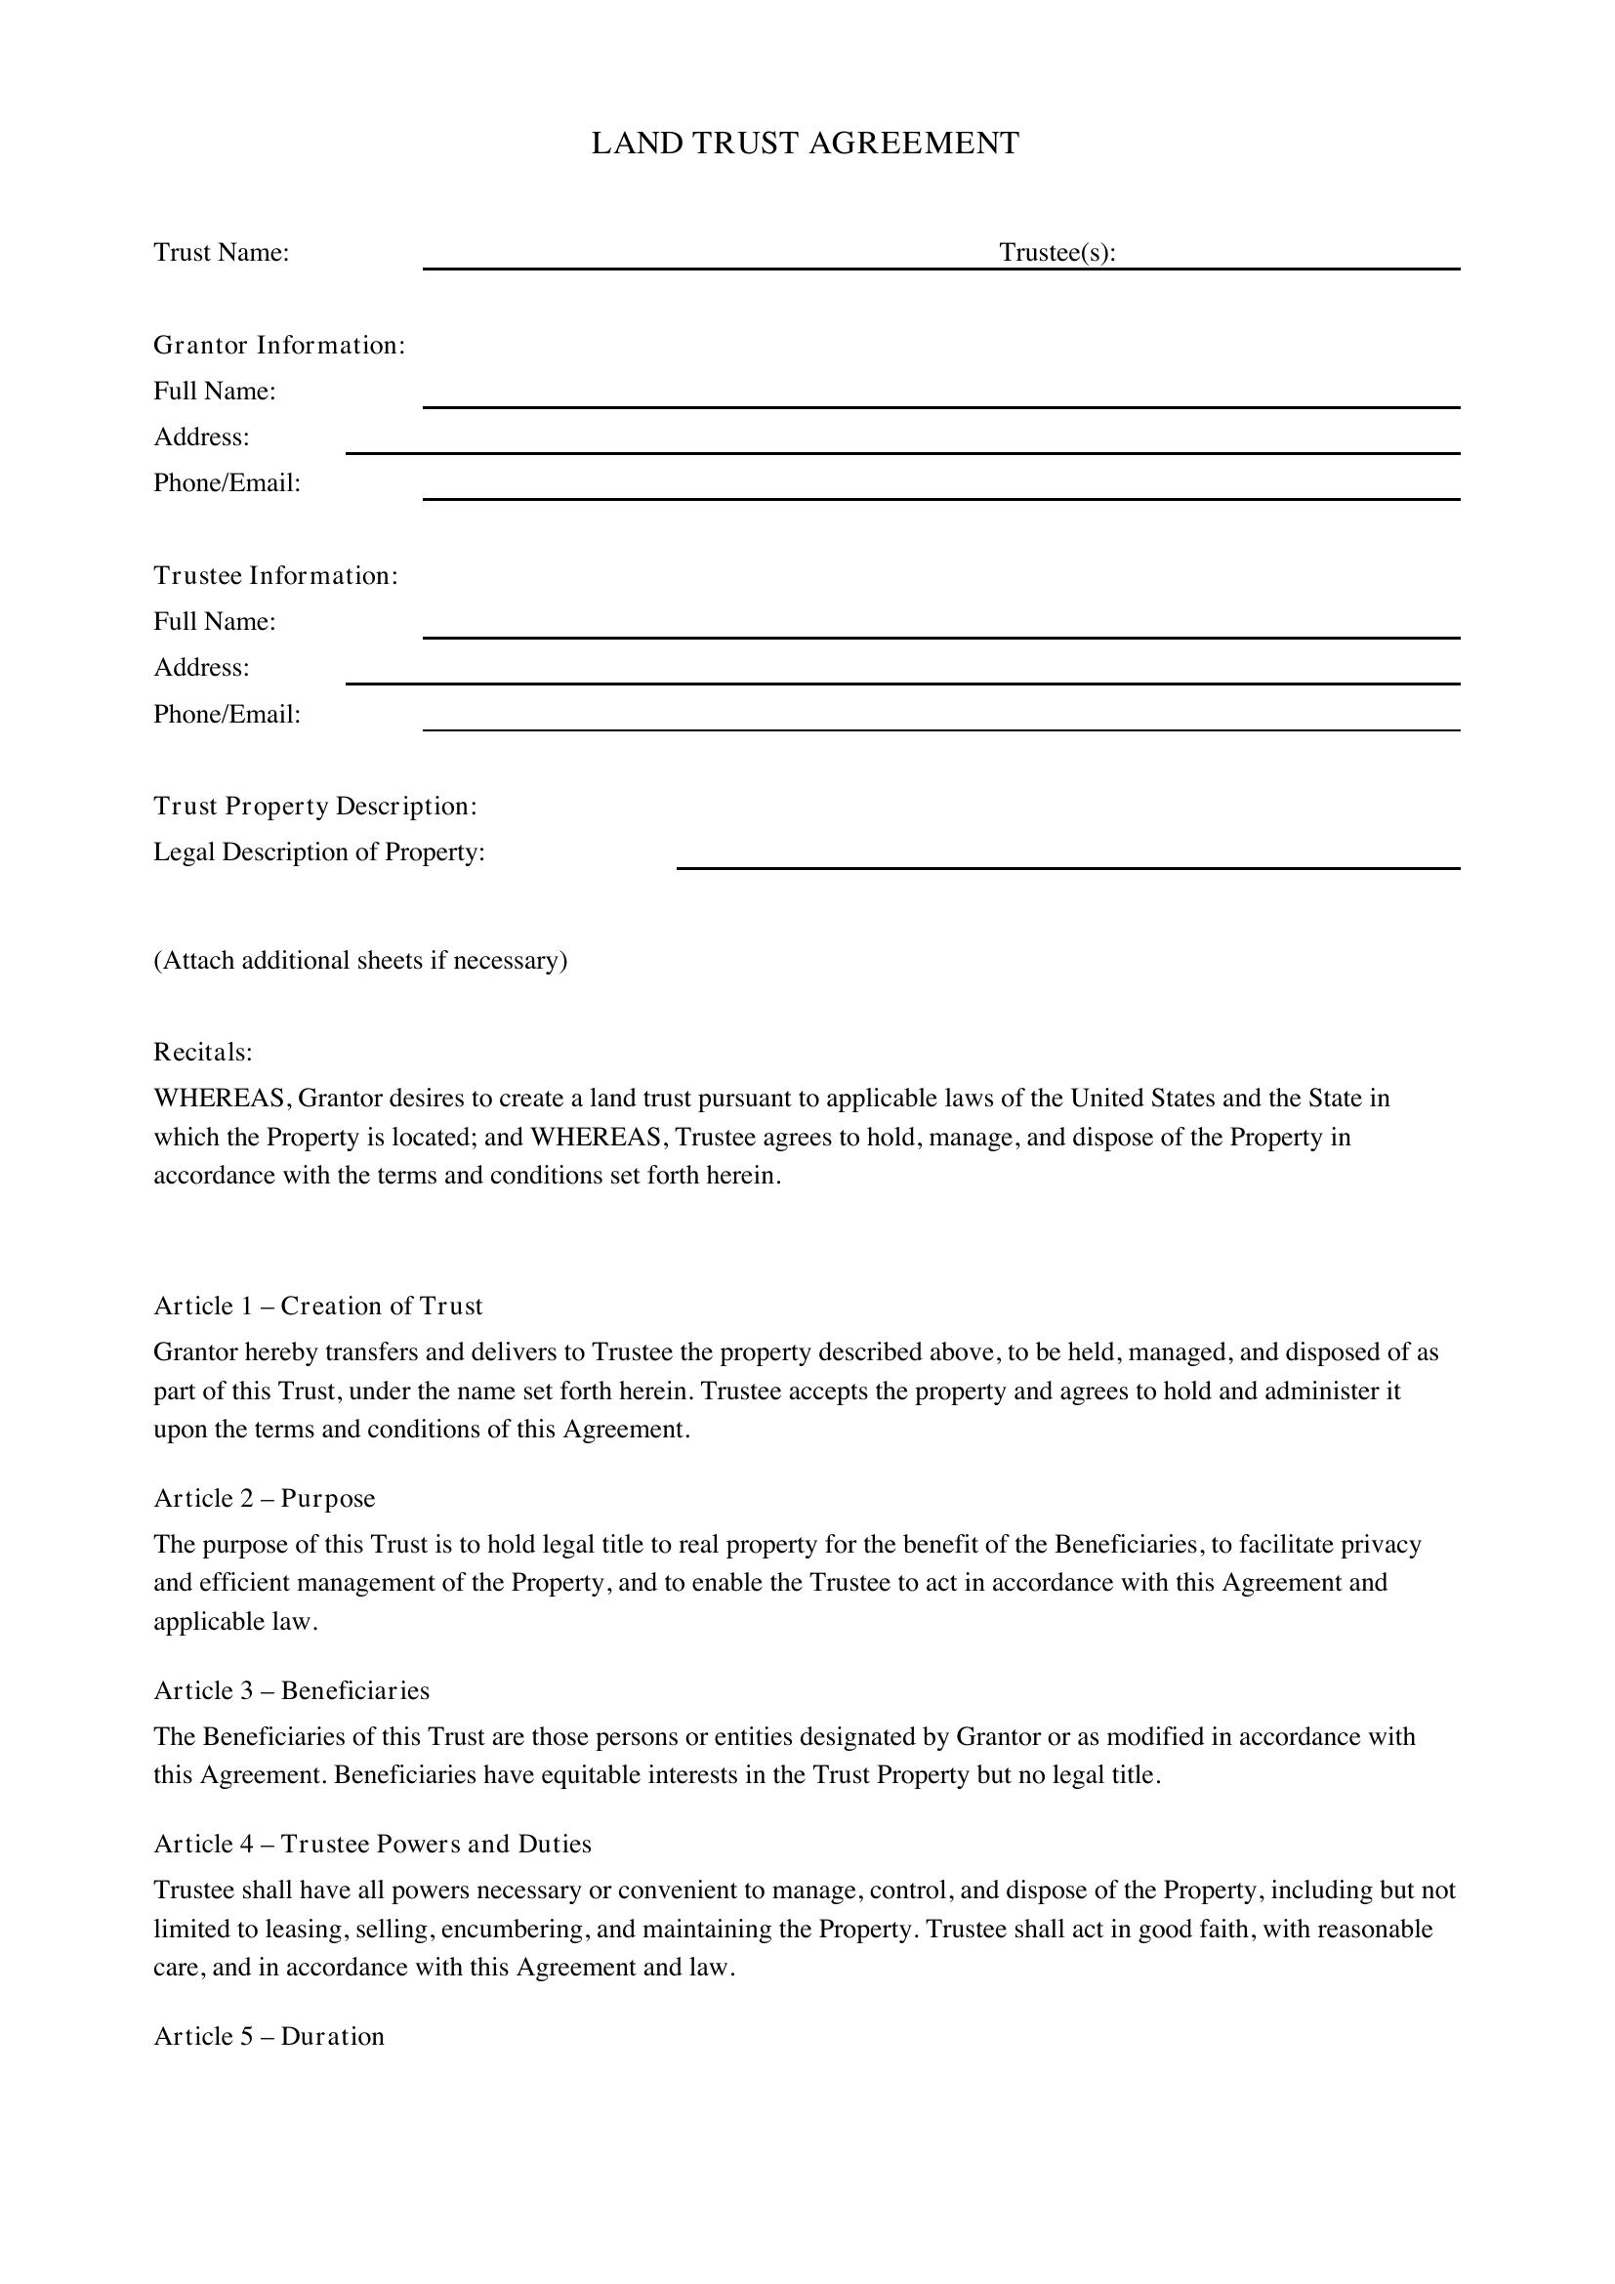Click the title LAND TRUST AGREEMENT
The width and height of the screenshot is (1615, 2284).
click(x=805, y=144)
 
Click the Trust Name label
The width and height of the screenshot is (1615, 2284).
click(x=221, y=253)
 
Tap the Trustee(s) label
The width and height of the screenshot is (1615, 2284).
click(x=1056, y=253)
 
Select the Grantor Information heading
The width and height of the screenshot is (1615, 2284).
click(x=278, y=345)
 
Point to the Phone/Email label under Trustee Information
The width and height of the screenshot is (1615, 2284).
click(x=227, y=714)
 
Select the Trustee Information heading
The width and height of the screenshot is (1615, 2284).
click(x=275, y=576)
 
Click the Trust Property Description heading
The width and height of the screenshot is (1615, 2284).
click(x=315, y=806)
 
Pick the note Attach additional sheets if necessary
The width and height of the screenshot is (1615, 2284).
click(x=360, y=960)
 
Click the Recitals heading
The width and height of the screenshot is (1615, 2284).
click(x=203, y=1052)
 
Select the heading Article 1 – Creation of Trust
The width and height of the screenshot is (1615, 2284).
click(x=318, y=1307)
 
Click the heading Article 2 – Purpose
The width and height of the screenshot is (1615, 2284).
click(x=265, y=1498)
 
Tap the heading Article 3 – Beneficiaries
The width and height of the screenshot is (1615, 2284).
click(x=291, y=1690)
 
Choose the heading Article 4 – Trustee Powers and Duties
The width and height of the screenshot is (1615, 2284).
click(x=372, y=1844)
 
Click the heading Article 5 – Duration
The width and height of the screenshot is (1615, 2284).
click(x=269, y=2036)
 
